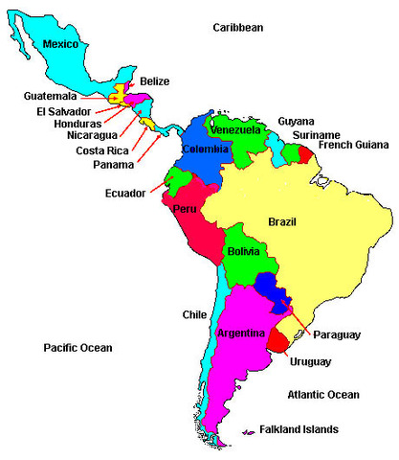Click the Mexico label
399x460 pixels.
60,43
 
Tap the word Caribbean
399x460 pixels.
237,28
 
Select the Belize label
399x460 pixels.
155,81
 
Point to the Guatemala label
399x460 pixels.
51,96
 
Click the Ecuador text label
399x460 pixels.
125,194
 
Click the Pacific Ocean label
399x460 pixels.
78,348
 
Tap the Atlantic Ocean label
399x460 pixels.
323,395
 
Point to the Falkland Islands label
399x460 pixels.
305,429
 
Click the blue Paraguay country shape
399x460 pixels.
275,292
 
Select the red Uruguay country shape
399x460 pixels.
278,338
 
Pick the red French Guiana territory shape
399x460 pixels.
304,153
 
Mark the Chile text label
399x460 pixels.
194,314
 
